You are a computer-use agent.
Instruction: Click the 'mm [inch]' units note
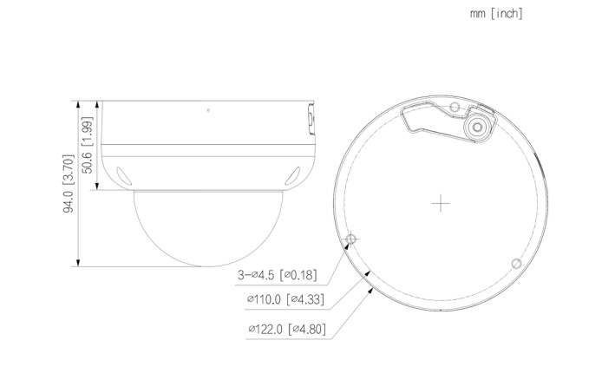point(496,14)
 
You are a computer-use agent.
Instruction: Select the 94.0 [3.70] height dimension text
point(69,183)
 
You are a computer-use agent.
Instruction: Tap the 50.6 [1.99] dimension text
point(87,145)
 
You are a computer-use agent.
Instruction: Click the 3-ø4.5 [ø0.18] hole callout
point(277,275)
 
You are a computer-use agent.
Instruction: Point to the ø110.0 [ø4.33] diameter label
point(285,299)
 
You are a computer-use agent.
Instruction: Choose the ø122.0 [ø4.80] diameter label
point(287,329)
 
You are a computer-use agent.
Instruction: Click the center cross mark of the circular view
point(441,203)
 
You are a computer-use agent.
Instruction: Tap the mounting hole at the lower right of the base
point(517,264)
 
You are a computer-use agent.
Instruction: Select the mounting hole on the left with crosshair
point(352,239)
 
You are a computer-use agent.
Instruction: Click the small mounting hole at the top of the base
point(455,107)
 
